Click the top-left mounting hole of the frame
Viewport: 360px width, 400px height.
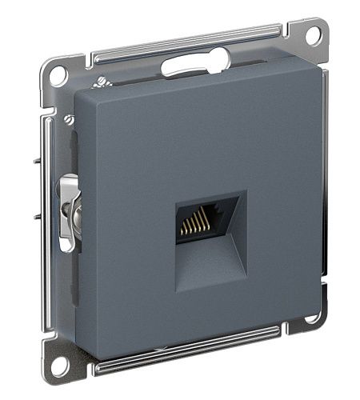(57, 76)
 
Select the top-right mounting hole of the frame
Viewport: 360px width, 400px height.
(314, 35)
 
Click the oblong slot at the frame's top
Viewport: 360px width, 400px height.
(195, 64)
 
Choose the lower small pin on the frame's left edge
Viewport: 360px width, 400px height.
(38, 217)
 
